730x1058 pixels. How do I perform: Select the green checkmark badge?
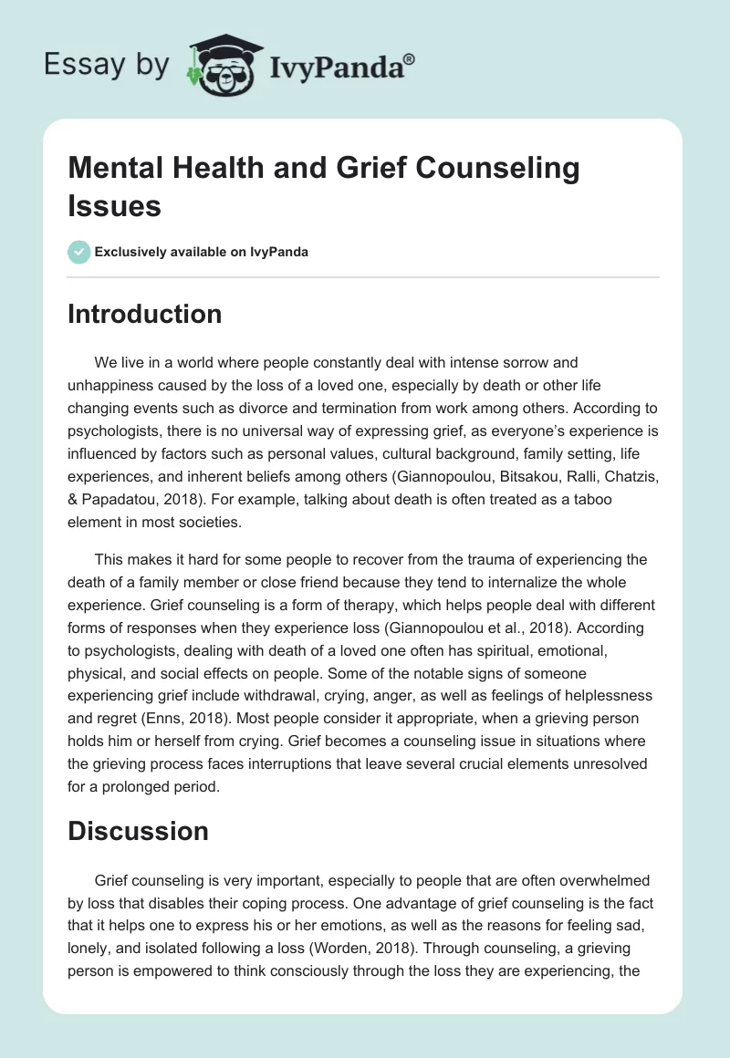(x=79, y=252)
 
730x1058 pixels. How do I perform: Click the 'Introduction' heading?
(x=144, y=314)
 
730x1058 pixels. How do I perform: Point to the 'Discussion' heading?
(x=138, y=831)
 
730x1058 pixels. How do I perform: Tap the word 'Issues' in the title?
(x=114, y=205)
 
